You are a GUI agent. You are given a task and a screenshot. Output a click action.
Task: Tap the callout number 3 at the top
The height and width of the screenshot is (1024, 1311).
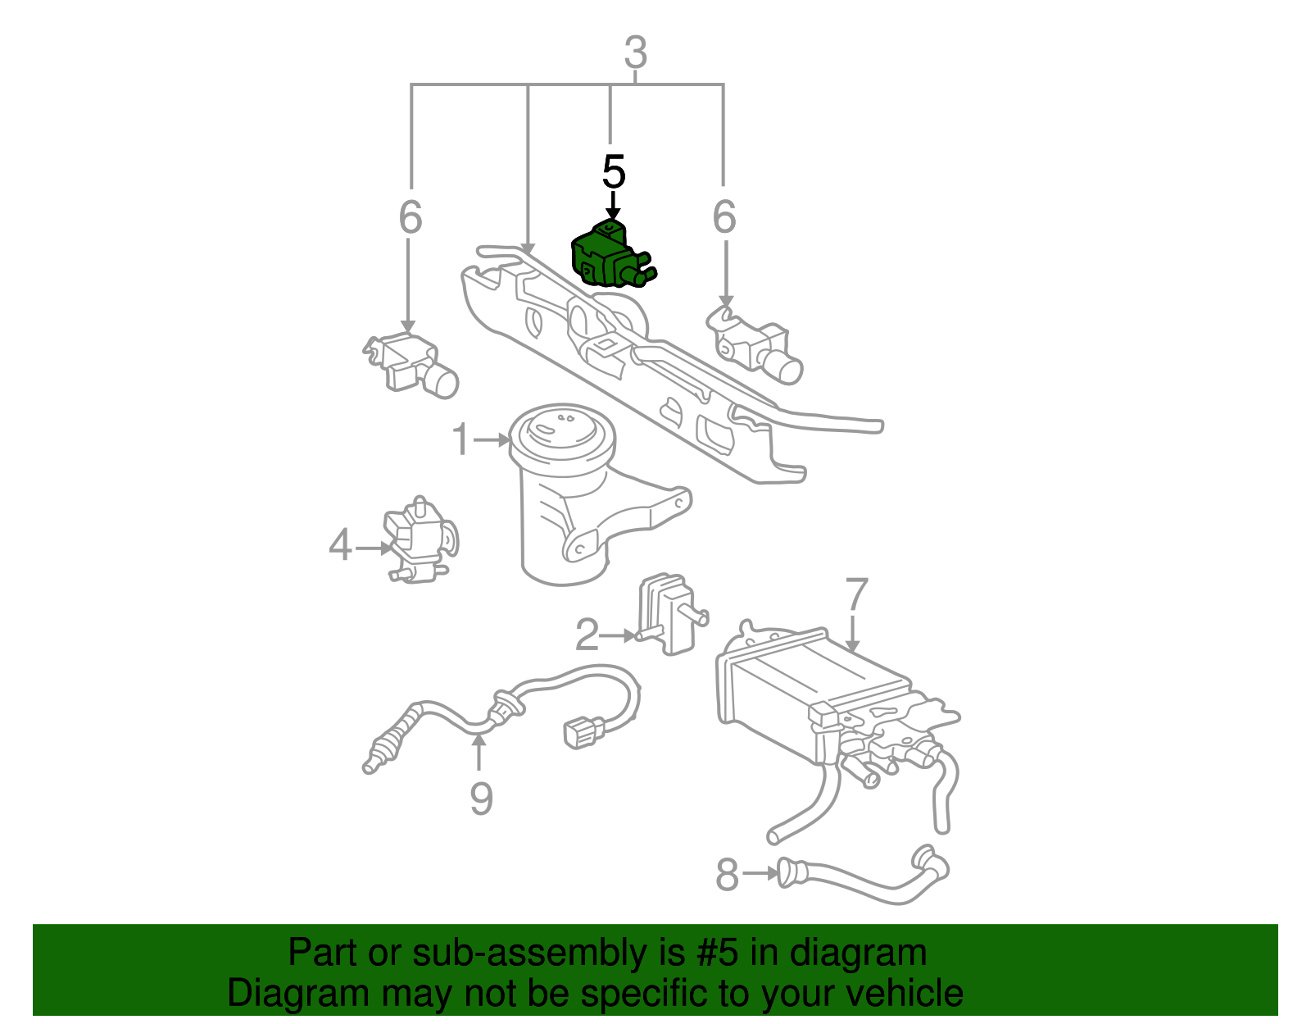(636, 52)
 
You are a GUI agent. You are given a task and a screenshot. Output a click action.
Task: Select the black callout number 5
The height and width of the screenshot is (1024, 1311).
(614, 171)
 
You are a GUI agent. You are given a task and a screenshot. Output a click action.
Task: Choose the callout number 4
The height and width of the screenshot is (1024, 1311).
(340, 544)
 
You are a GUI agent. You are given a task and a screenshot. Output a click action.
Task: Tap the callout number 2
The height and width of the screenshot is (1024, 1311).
(587, 635)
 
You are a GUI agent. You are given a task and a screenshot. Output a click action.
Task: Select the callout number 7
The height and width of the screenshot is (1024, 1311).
(857, 593)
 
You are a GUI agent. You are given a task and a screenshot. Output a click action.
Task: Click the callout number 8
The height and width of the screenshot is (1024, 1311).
(728, 874)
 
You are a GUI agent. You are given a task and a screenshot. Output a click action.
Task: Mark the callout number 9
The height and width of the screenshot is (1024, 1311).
(482, 799)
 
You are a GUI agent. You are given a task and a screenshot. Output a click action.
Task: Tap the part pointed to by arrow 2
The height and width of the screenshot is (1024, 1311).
(669, 614)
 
